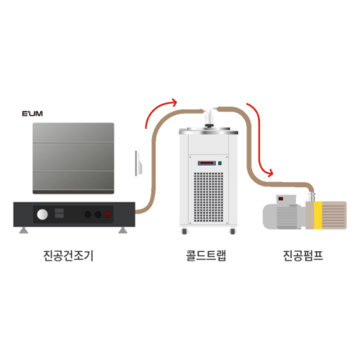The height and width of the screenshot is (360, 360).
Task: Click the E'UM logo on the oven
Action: point(32,113)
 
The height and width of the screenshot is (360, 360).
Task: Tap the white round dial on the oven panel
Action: point(42,214)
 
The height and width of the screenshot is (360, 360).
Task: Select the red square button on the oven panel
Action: point(108,214)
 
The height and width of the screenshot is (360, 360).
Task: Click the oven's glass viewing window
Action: point(73,158)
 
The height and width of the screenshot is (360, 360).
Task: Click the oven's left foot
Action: point(23,230)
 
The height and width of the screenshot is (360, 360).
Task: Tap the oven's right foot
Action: point(122,230)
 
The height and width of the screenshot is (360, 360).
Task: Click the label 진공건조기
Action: point(68,256)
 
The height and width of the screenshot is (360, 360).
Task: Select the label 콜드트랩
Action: point(206,256)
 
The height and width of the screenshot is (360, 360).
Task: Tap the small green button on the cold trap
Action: point(220,162)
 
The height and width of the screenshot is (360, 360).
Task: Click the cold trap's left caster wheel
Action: point(184,231)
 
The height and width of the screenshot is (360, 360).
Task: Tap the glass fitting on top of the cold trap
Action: point(209,118)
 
